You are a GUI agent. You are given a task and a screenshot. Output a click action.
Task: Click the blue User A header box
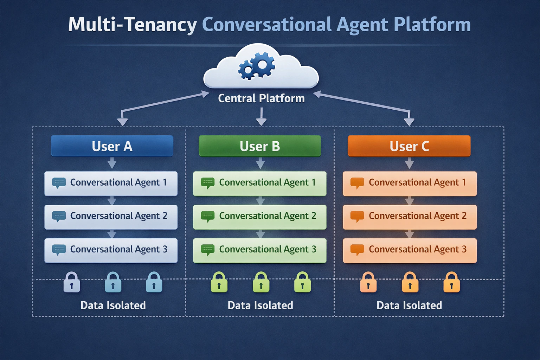coord(112,146)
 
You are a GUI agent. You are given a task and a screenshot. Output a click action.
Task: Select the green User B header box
coord(260,146)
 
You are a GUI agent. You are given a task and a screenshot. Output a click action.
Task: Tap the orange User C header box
coord(409,146)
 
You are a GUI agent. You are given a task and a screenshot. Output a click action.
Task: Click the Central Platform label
coord(261,98)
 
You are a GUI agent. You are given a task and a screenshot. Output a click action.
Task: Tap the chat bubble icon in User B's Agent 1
coord(207,183)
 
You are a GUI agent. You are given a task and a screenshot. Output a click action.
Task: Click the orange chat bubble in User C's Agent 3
coord(357,250)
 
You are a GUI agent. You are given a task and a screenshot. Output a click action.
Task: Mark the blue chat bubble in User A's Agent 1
coord(59,183)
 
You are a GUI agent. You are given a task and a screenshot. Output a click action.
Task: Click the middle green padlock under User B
coord(261,283)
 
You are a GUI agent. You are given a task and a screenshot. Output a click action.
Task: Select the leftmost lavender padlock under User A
coord(72,283)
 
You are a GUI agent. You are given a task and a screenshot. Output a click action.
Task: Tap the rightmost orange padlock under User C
coord(451,283)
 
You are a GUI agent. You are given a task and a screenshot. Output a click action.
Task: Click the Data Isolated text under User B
coord(260,305)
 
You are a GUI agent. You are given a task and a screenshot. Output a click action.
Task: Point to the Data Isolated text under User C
coord(409,305)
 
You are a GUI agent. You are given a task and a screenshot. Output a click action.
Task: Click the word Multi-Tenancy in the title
coord(132,25)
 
